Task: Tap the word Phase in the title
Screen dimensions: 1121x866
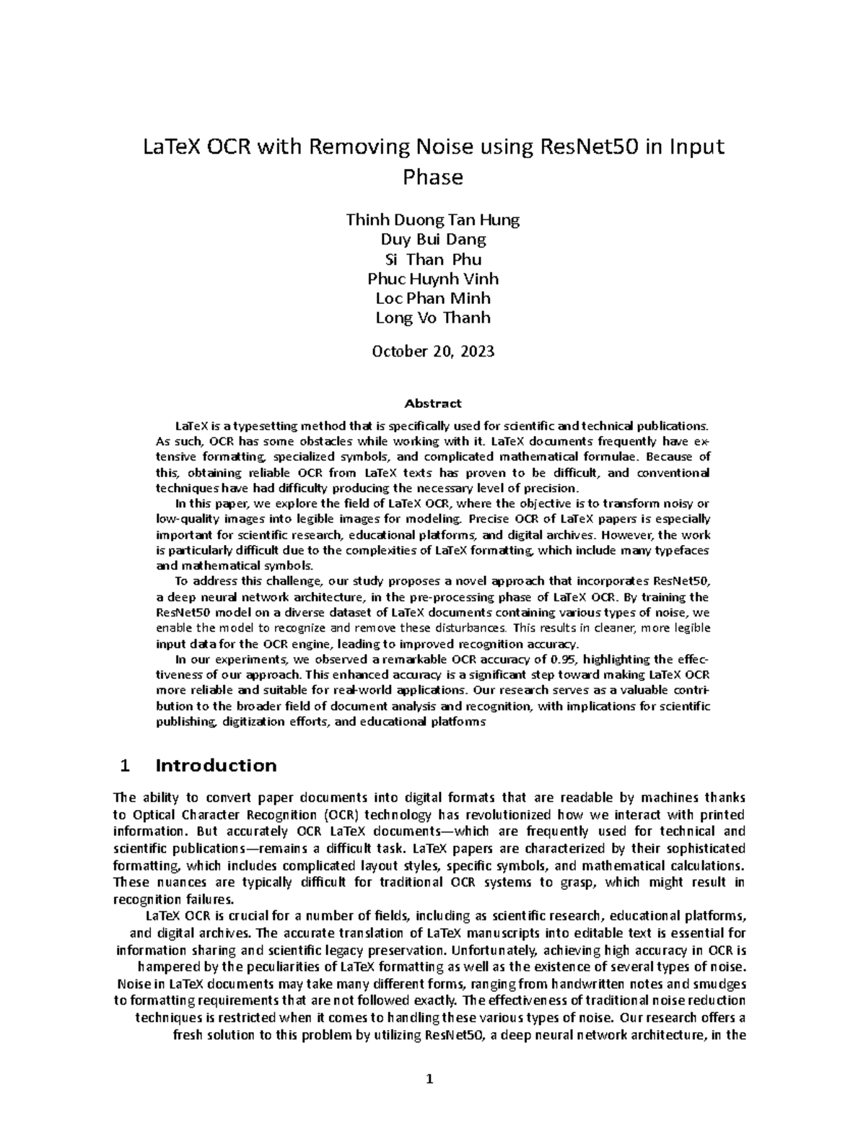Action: click(432, 178)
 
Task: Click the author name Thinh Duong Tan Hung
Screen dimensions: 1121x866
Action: click(432, 220)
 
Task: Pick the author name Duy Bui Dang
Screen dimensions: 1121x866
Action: click(432, 240)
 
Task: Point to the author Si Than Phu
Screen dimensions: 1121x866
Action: click(432, 259)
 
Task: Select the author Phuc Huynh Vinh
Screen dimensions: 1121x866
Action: click(432, 279)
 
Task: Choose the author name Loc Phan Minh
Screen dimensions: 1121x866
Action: click(432, 298)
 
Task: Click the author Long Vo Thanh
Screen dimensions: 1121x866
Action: click(432, 318)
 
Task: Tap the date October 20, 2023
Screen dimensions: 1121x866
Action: click(432, 352)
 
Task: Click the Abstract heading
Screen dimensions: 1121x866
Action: click(432, 404)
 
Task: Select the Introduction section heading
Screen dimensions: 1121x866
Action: click(216, 766)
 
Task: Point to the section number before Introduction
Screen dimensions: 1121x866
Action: click(126, 766)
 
